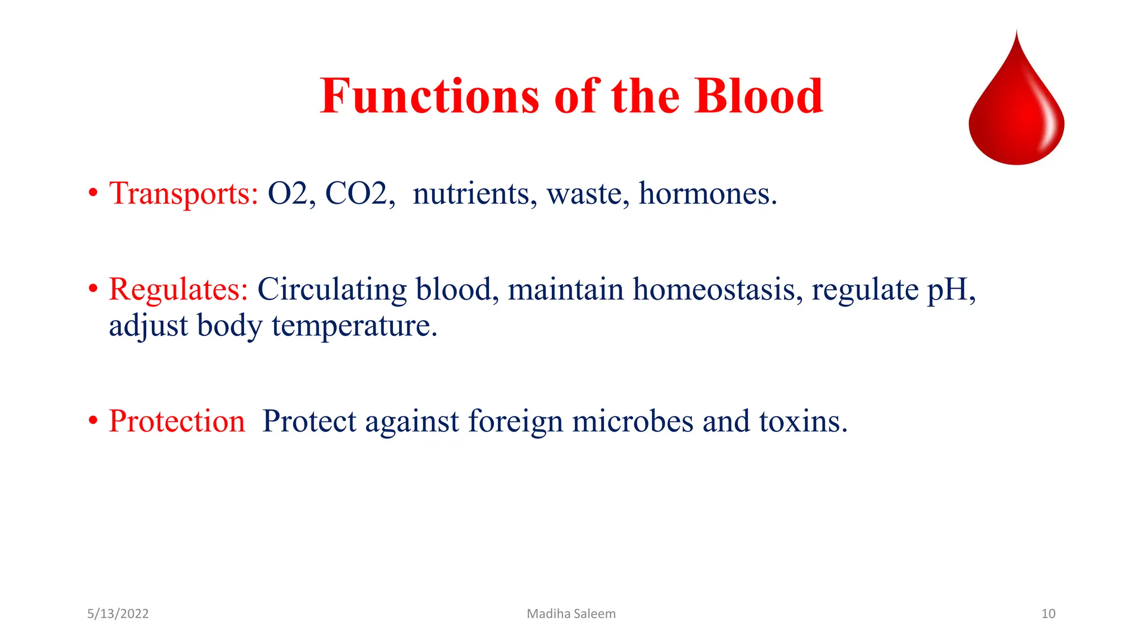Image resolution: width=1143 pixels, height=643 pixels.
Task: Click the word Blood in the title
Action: click(x=758, y=96)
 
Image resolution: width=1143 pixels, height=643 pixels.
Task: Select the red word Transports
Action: click(x=184, y=194)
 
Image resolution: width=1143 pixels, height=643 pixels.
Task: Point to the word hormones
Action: click(x=707, y=194)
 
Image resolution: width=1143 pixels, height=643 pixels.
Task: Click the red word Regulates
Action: click(x=178, y=290)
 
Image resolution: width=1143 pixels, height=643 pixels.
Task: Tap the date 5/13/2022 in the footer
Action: click(x=118, y=614)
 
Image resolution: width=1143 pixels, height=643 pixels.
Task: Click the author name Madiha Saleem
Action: click(x=571, y=614)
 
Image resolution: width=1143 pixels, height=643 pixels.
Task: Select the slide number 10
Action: click(x=1048, y=614)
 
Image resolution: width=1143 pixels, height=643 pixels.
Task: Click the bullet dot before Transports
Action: click(x=93, y=194)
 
